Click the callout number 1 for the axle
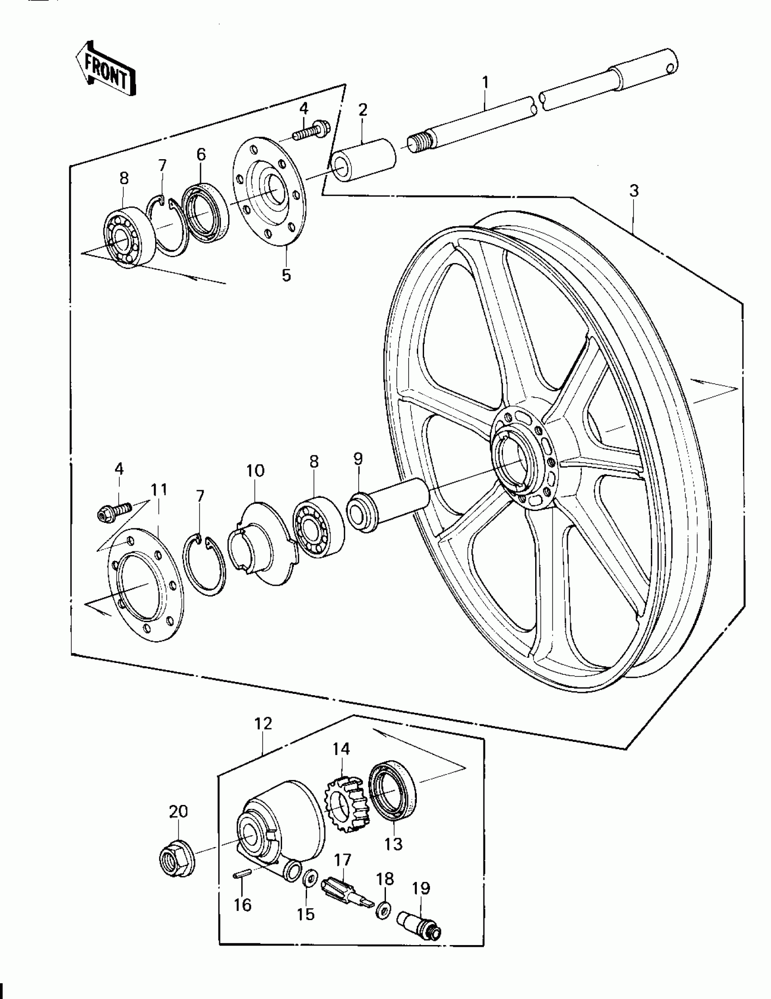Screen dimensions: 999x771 point(485,83)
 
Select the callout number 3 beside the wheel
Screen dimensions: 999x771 point(633,191)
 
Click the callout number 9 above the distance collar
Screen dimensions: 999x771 point(358,458)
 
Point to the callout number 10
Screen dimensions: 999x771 point(255,470)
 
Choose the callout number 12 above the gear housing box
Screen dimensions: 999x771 point(264,723)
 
